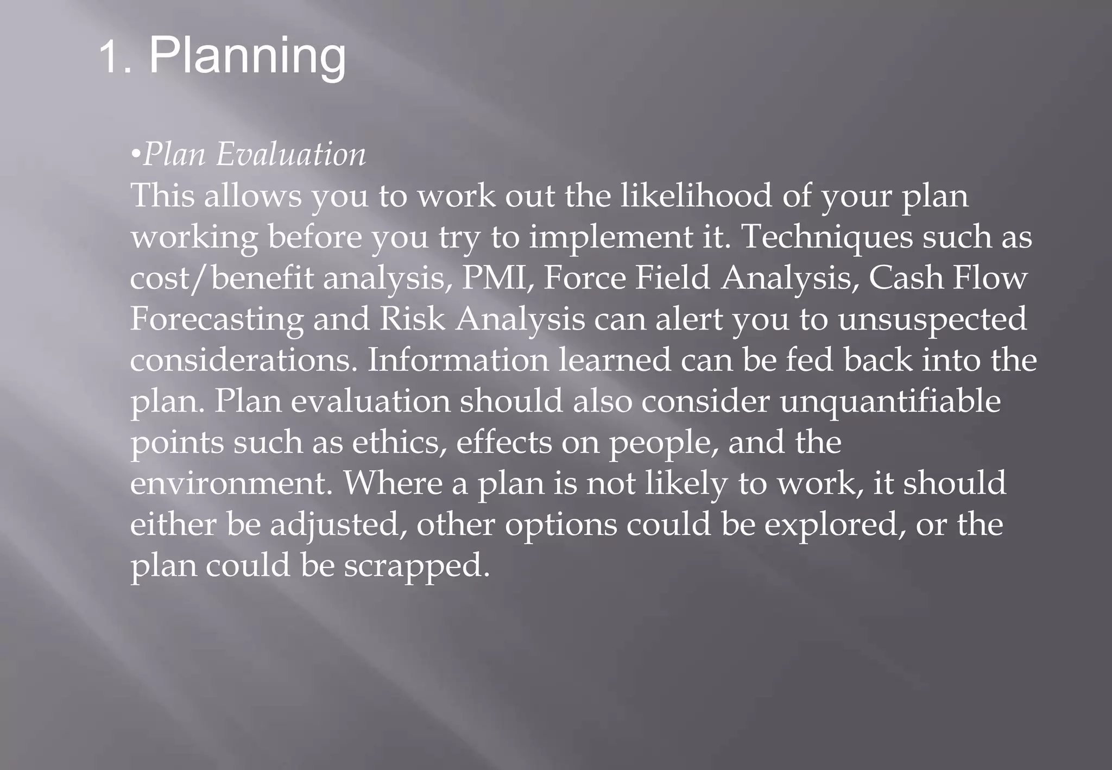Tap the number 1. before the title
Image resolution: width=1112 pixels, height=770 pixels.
[116, 58]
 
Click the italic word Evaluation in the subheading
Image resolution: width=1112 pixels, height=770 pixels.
[290, 155]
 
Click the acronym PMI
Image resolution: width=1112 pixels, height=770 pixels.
[494, 278]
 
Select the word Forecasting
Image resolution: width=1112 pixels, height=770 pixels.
[217, 319]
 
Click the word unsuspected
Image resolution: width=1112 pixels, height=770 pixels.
[932, 320]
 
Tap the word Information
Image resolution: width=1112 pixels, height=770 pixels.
[458, 360]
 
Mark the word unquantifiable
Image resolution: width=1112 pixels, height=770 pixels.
[890, 401]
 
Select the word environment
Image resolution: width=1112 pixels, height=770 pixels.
[231, 483]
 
